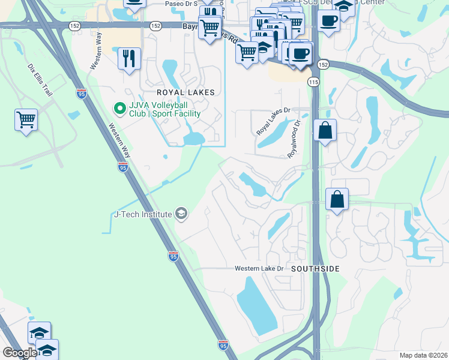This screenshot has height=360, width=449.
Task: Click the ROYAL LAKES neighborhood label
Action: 177,93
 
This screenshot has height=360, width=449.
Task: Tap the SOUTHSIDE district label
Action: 315,269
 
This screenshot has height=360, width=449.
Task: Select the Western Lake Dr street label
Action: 259,268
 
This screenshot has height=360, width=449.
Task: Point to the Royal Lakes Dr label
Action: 273,121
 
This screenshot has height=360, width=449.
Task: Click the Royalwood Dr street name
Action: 295,139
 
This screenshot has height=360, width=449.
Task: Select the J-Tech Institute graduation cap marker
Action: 181,214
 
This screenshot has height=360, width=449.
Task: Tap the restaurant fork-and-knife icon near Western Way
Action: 129,58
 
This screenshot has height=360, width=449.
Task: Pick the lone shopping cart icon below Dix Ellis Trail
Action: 26,119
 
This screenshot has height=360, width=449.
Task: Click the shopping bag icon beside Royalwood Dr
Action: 325,130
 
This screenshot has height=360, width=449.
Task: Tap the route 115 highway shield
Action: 313,81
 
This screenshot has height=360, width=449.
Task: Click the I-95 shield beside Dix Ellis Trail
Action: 81,93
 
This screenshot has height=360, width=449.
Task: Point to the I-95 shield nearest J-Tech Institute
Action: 173,255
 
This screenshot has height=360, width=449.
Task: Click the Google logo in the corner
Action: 20,352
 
